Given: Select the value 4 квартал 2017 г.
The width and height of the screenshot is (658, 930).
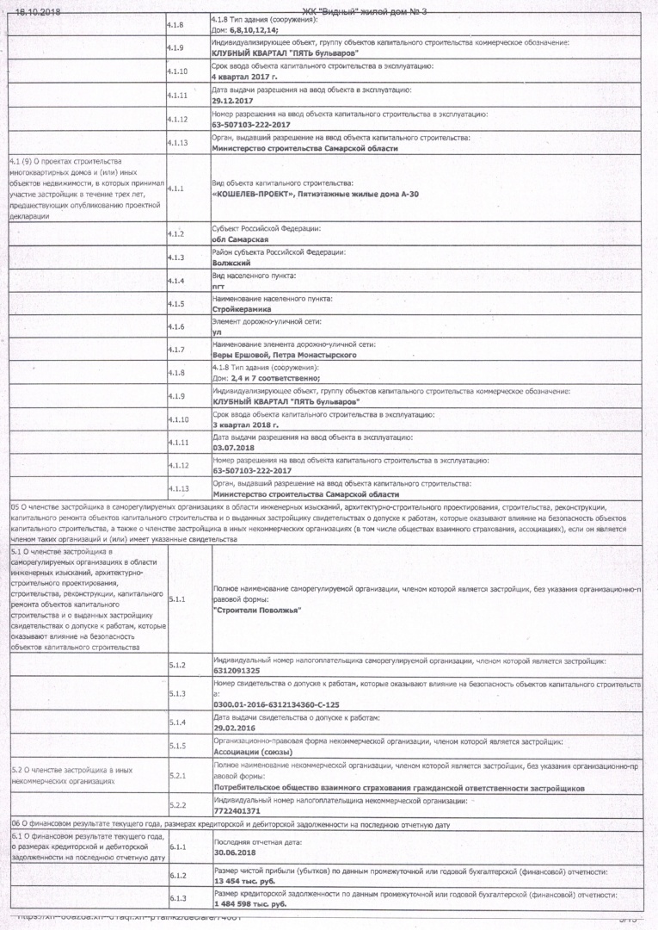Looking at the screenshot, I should click(241, 77).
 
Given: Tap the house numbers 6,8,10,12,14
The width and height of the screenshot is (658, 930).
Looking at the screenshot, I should click(246, 29).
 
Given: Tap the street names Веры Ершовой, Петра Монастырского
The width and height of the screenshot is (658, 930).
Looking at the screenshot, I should click(284, 355).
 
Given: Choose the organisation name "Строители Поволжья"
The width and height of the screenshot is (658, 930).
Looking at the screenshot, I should click(256, 610).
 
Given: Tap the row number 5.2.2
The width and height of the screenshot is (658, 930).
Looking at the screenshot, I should click(178, 805).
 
